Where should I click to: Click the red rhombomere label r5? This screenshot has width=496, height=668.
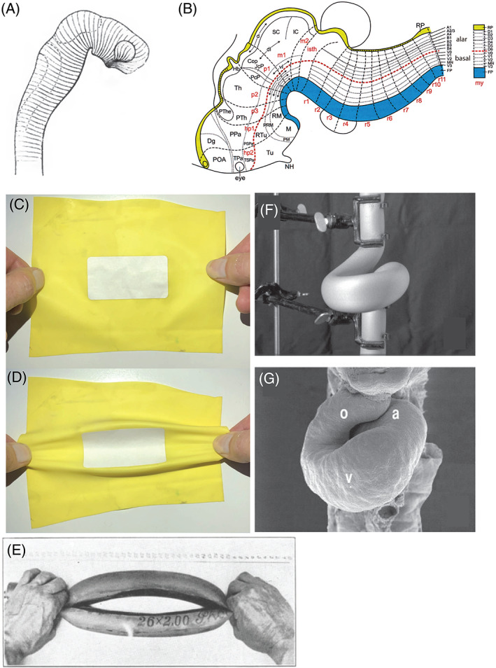(367, 125)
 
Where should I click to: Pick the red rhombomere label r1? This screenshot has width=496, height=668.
(306, 102)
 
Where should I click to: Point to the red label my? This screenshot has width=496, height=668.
(479, 83)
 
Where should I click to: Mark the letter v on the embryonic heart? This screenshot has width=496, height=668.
(348, 476)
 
